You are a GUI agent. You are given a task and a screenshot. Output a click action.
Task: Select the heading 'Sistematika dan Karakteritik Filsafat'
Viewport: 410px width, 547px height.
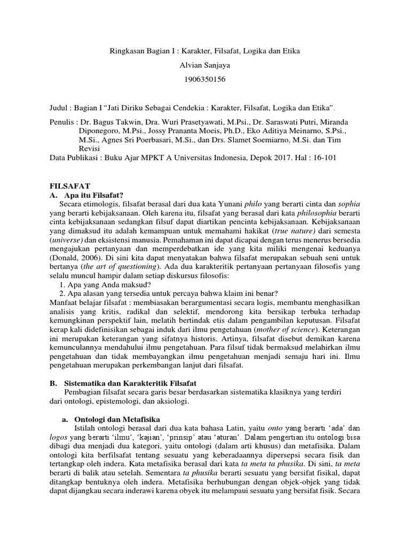130,383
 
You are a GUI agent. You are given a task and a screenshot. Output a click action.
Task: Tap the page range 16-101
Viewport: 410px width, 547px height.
322,158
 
